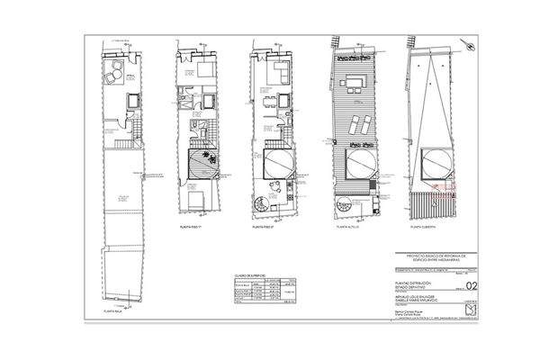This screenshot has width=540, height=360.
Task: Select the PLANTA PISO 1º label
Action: coord(193,229)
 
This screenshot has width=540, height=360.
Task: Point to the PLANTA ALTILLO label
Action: coord(347,229)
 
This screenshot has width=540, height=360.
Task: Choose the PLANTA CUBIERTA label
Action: coord(423,229)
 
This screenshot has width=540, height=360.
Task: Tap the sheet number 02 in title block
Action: coord(464,290)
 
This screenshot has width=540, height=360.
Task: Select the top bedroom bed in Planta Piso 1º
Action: coord(203,71)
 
